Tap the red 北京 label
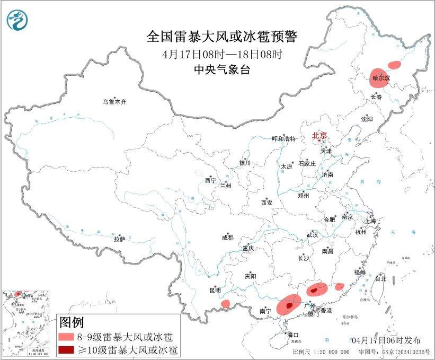(319, 135)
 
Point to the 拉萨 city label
(119, 239)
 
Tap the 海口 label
(293, 335)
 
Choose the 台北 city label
(380, 278)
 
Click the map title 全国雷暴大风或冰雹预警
(222, 37)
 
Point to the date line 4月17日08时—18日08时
(222, 54)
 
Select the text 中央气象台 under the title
(222, 69)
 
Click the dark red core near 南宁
(288, 306)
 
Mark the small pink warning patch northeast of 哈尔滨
(394, 65)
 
